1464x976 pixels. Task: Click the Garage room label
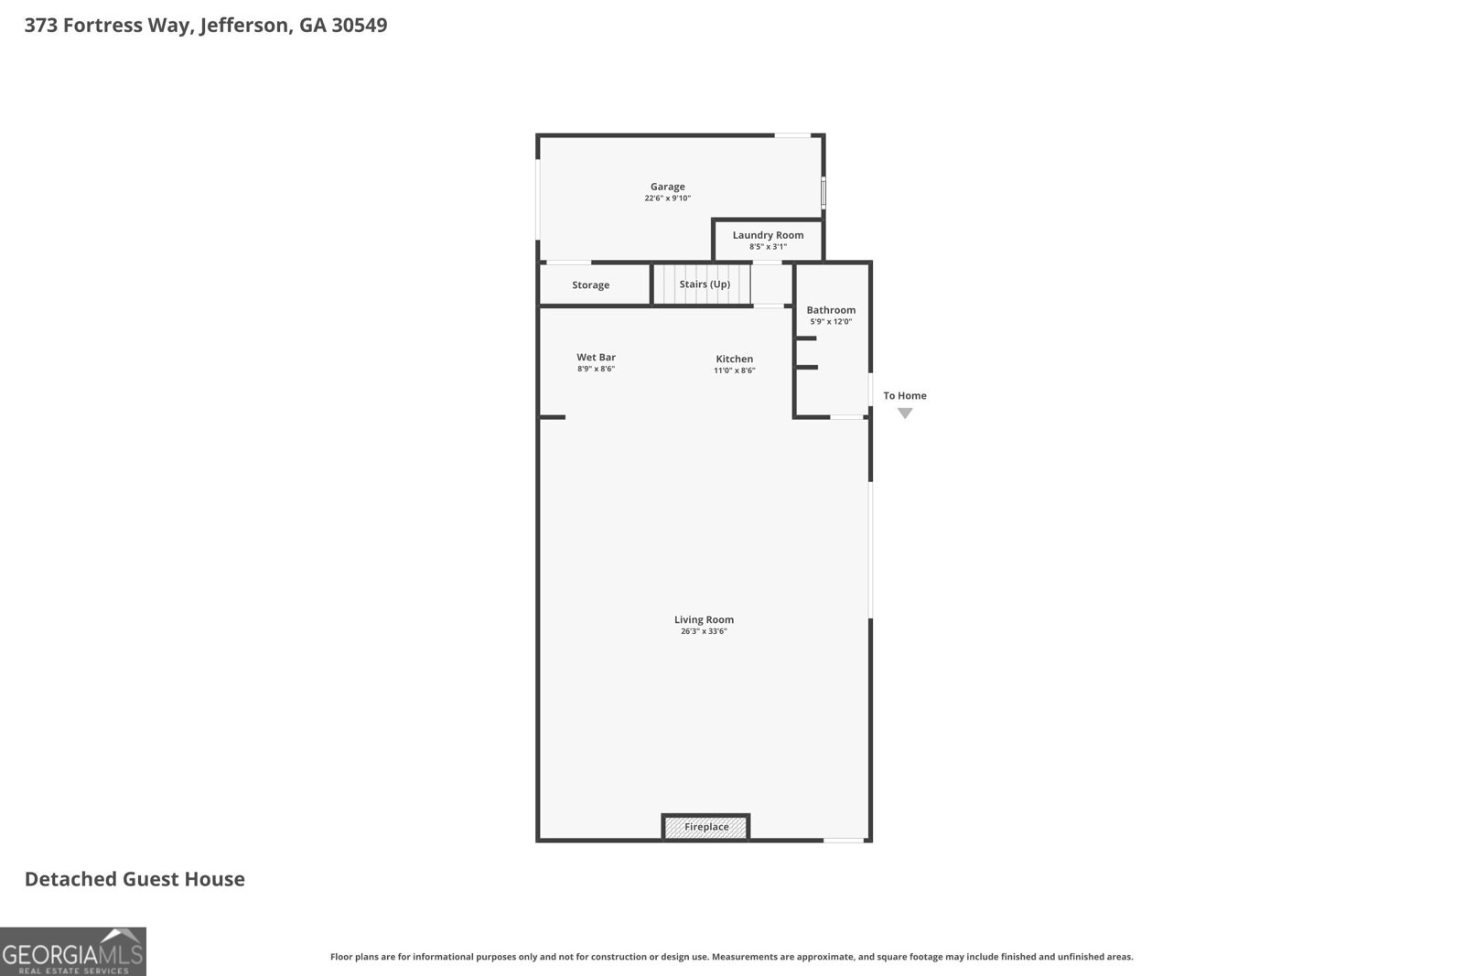[667, 187]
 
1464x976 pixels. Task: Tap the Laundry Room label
[768, 235]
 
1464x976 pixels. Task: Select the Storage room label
[590, 285]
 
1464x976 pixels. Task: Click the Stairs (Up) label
[705, 284]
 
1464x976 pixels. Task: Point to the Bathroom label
[831, 310]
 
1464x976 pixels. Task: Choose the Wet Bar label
[596, 358]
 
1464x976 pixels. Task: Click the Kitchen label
[734, 359]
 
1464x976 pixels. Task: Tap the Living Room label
[704, 619]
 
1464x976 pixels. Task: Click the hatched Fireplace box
[706, 827]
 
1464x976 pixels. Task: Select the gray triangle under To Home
[905, 413]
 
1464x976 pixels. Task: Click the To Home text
[905, 396]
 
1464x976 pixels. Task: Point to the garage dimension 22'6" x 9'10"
[667, 198]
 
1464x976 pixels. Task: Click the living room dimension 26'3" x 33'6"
[704, 631]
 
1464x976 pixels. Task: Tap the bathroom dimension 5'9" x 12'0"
[831, 322]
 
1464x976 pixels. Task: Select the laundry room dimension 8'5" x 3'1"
[768, 247]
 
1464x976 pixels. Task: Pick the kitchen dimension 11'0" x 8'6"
[734, 370]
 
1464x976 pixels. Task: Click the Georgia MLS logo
[73, 951]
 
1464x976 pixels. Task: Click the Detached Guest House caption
[135, 879]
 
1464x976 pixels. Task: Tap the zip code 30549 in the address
[359, 25]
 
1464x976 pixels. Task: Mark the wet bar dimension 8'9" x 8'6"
[596, 370]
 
